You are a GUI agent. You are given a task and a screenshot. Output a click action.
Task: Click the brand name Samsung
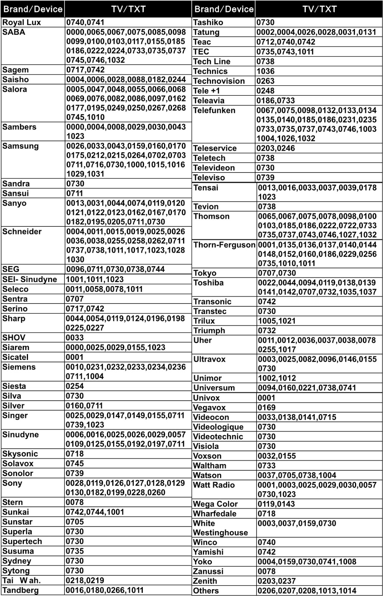coord(21,146)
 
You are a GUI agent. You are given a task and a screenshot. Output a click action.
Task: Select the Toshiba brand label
coord(208,283)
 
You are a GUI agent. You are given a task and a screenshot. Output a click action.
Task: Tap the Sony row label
coord(12,483)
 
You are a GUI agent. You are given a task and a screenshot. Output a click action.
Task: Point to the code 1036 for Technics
coord(265,71)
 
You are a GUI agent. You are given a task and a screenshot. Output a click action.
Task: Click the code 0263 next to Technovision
coord(265,81)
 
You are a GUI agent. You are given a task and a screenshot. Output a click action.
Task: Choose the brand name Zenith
coord(205,581)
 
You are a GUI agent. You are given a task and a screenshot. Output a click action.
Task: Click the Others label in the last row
coord(206,590)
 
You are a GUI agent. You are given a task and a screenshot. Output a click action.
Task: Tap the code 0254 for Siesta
coord(75,386)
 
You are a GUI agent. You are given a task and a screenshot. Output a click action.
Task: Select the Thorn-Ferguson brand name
coord(224,245)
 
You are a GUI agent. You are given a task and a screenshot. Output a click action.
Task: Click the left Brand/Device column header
coord(33,9)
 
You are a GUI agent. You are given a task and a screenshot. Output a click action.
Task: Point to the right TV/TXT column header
coord(319,9)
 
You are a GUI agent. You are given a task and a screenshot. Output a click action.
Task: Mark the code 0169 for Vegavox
coord(267,408)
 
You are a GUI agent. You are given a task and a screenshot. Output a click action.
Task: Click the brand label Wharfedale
coord(215,514)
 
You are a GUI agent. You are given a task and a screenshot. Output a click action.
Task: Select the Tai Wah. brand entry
coord(21,580)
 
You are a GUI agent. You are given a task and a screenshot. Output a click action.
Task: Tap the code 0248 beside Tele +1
coord(265,91)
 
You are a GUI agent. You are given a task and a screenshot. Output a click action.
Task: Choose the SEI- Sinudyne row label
coord(30,279)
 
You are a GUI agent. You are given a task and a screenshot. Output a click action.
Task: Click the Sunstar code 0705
coord(75,522)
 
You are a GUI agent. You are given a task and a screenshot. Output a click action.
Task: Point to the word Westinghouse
coord(220,533)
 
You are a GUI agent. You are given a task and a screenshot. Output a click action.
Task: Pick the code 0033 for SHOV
coord(75,337)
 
